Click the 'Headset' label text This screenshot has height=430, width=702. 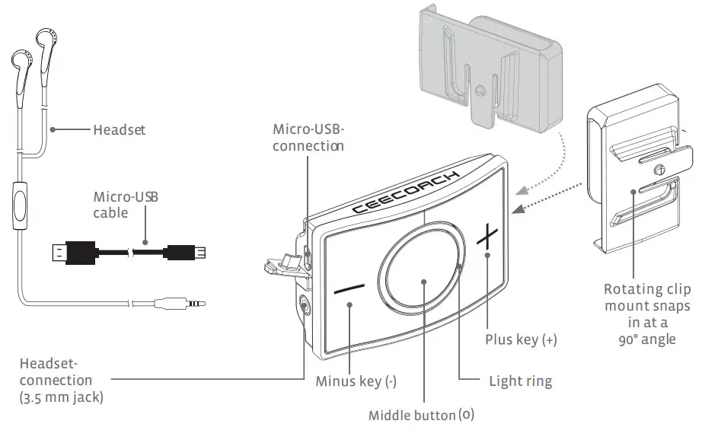pyautogui.click(x=119, y=130)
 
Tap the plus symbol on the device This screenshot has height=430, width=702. pyautogui.click(x=487, y=237)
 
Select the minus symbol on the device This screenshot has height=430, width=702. pyautogui.click(x=349, y=291)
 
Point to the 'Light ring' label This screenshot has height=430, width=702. pyautogui.click(x=520, y=380)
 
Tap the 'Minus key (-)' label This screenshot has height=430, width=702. pyautogui.click(x=356, y=381)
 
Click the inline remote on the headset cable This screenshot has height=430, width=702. pyautogui.click(x=18, y=206)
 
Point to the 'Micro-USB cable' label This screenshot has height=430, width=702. pyautogui.click(x=126, y=205)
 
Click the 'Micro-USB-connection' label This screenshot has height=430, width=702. pyautogui.click(x=308, y=137)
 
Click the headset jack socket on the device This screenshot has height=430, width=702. pyautogui.click(x=305, y=307)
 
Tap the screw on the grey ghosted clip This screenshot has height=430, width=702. pyautogui.click(x=479, y=88)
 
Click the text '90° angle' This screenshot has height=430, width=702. pyautogui.click(x=647, y=339)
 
